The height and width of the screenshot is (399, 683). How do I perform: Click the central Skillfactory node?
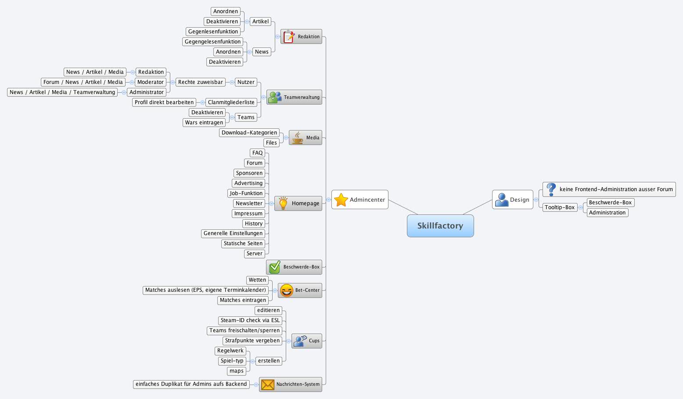click(x=440, y=226)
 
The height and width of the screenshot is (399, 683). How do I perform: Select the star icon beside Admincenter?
click(x=341, y=200)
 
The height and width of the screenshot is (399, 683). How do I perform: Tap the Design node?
click(x=513, y=200)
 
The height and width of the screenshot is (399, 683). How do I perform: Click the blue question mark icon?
click(x=551, y=189)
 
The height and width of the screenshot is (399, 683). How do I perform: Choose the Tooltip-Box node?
click(x=560, y=207)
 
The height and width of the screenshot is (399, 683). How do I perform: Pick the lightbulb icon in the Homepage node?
click(x=283, y=203)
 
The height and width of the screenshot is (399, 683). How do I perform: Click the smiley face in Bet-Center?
click(x=287, y=290)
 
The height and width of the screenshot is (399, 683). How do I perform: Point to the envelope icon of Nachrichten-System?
click(x=268, y=384)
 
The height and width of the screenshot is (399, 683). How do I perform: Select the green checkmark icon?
click(x=275, y=267)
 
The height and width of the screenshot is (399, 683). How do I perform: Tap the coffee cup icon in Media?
click(x=298, y=138)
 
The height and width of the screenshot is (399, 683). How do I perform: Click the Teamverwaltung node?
click(x=294, y=97)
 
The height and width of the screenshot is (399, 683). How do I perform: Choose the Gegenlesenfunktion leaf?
click(x=213, y=32)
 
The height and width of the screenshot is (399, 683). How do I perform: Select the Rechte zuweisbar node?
click(x=200, y=82)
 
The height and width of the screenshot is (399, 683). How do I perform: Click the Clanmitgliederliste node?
click(x=231, y=102)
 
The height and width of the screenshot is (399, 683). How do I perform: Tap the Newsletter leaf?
click(x=249, y=203)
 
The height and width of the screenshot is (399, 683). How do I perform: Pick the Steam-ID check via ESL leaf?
click(x=250, y=320)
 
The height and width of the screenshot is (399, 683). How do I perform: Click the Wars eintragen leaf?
click(x=204, y=123)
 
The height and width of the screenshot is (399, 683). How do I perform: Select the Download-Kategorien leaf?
click(x=249, y=133)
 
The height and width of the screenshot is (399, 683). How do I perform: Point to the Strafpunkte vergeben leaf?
click(x=252, y=341)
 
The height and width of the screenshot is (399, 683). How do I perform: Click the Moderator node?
click(x=150, y=82)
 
